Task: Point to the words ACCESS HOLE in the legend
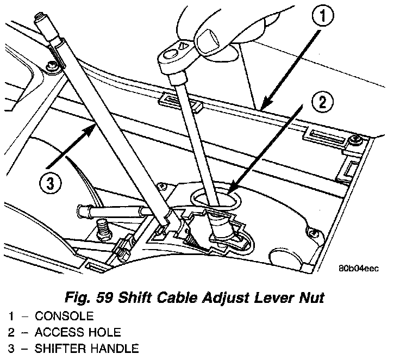tap(78, 332)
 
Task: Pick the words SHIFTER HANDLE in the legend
tap(87, 349)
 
